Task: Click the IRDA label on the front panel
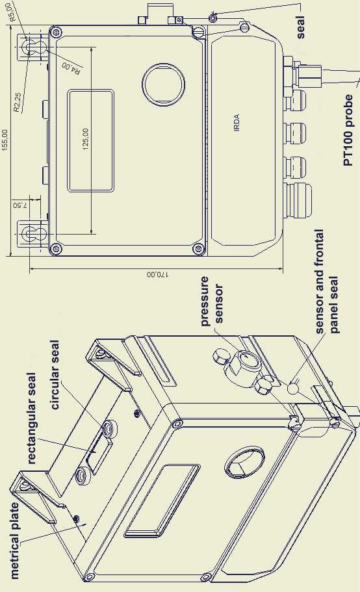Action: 237,123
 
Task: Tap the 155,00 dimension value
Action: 5,140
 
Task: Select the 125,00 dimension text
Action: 86,139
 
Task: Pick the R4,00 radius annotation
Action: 71,68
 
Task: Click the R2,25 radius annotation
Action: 17,102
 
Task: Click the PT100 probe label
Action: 348,130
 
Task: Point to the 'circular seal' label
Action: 55,375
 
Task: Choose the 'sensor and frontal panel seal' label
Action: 326,281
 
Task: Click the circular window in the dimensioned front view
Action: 164,84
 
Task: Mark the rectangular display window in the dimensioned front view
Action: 90,140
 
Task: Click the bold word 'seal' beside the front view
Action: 300,27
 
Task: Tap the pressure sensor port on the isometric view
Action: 247,360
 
